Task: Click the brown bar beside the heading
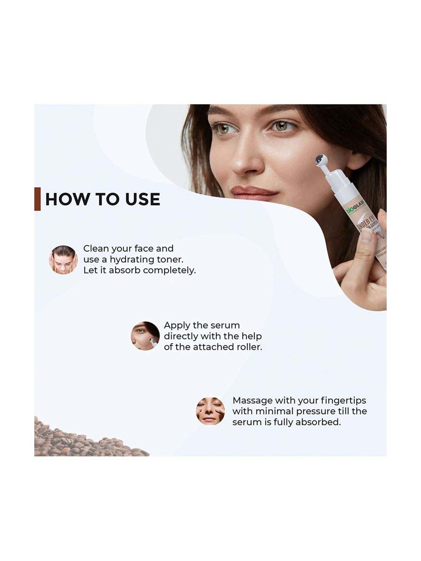pyautogui.click(x=37, y=199)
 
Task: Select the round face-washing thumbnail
pyautogui.click(x=63, y=260)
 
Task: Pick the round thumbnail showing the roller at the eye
pyautogui.click(x=145, y=336)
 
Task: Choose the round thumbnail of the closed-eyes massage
pyautogui.click(x=210, y=411)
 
